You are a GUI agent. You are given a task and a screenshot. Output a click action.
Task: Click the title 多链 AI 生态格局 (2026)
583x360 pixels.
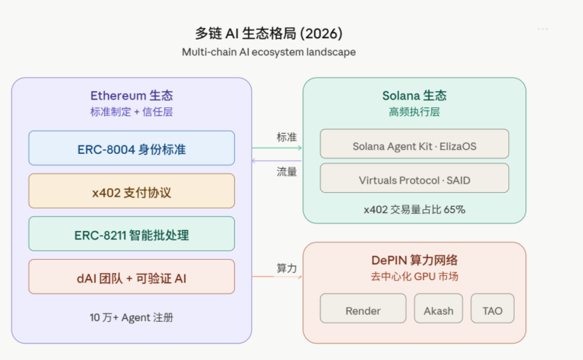pyautogui.click(x=268, y=33)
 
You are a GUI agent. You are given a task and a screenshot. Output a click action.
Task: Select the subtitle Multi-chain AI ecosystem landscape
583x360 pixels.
pyautogui.click(x=268, y=52)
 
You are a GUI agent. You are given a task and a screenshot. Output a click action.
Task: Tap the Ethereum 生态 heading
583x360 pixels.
pyautogui.click(x=131, y=96)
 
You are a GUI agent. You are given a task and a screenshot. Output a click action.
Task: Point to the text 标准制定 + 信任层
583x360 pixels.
pyautogui.click(x=131, y=112)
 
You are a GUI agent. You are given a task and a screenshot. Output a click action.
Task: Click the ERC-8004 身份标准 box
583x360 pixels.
pyautogui.click(x=131, y=149)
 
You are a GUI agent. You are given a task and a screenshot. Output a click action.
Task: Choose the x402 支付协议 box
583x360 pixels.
pyautogui.click(x=131, y=191)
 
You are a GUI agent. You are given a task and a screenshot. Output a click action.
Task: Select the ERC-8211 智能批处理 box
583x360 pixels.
pyautogui.click(x=131, y=234)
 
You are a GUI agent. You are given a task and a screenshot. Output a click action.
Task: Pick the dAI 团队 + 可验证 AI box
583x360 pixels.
pyautogui.click(x=131, y=277)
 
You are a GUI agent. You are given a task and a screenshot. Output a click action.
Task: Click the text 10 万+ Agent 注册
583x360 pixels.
pyautogui.click(x=131, y=317)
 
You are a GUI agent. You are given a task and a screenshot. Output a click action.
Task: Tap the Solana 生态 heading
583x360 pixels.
pyautogui.click(x=414, y=96)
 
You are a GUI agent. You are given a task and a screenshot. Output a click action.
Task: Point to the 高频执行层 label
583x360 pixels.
pyautogui.click(x=414, y=112)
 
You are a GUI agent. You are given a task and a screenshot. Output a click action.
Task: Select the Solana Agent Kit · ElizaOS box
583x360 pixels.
pyautogui.click(x=414, y=145)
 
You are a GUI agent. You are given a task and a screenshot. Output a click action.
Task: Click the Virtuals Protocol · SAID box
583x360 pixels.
pyautogui.click(x=414, y=179)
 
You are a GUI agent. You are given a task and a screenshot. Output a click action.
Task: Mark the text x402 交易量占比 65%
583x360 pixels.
pyautogui.click(x=414, y=209)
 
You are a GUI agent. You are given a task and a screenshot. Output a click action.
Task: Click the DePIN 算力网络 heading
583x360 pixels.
pyautogui.click(x=414, y=260)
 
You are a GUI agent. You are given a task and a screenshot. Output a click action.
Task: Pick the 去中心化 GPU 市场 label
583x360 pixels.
pyautogui.click(x=414, y=277)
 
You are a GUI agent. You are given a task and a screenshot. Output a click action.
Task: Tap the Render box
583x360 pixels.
pyautogui.click(x=363, y=310)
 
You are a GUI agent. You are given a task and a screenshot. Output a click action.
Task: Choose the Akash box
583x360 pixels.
pyautogui.click(x=438, y=310)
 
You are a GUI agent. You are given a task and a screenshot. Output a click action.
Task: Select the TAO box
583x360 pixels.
pyautogui.click(x=492, y=310)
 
